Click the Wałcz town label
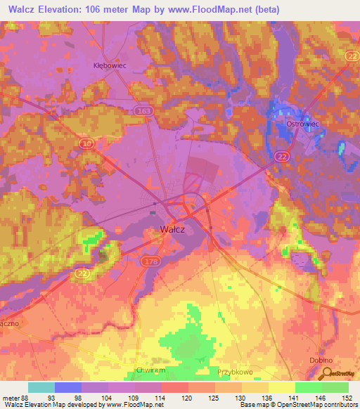[x=172, y=229]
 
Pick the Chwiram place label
[x=150, y=369]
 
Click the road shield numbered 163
[x=143, y=110]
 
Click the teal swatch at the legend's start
[x=41, y=387]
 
